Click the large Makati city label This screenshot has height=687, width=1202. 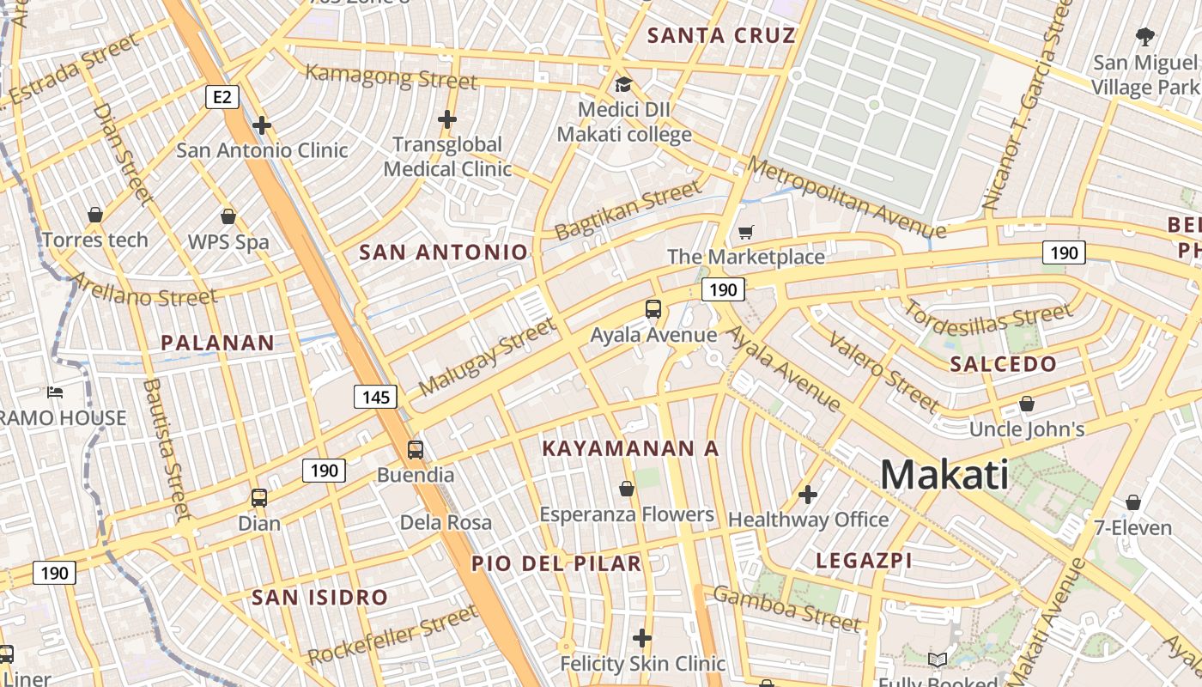click(944, 475)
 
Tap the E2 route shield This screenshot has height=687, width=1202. click(222, 97)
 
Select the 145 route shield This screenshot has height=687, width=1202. click(375, 397)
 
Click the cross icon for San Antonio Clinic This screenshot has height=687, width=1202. click(262, 126)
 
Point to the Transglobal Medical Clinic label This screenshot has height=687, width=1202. click(447, 156)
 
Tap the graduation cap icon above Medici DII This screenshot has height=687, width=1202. click(623, 85)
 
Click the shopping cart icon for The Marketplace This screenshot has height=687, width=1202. click(745, 232)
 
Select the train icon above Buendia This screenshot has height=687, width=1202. click(416, 449)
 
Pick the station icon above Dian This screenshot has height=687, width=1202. click(258, 497)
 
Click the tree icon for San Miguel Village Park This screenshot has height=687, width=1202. click(1144, 37)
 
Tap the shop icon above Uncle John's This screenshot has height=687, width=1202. click(1027, 404)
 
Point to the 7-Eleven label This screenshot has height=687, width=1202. click(1132, 527)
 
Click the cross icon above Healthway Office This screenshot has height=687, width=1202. click(807, 495)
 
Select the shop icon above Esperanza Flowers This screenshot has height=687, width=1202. click(627, 489)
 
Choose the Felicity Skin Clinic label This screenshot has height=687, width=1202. click(642, 664)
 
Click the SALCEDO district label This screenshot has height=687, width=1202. click(1003, 364)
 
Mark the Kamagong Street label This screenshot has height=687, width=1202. click(391, 76)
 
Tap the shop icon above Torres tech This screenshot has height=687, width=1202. click(95, 214)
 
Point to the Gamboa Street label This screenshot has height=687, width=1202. click(786, 608)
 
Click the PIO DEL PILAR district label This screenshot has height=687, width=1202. click(556, 563)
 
